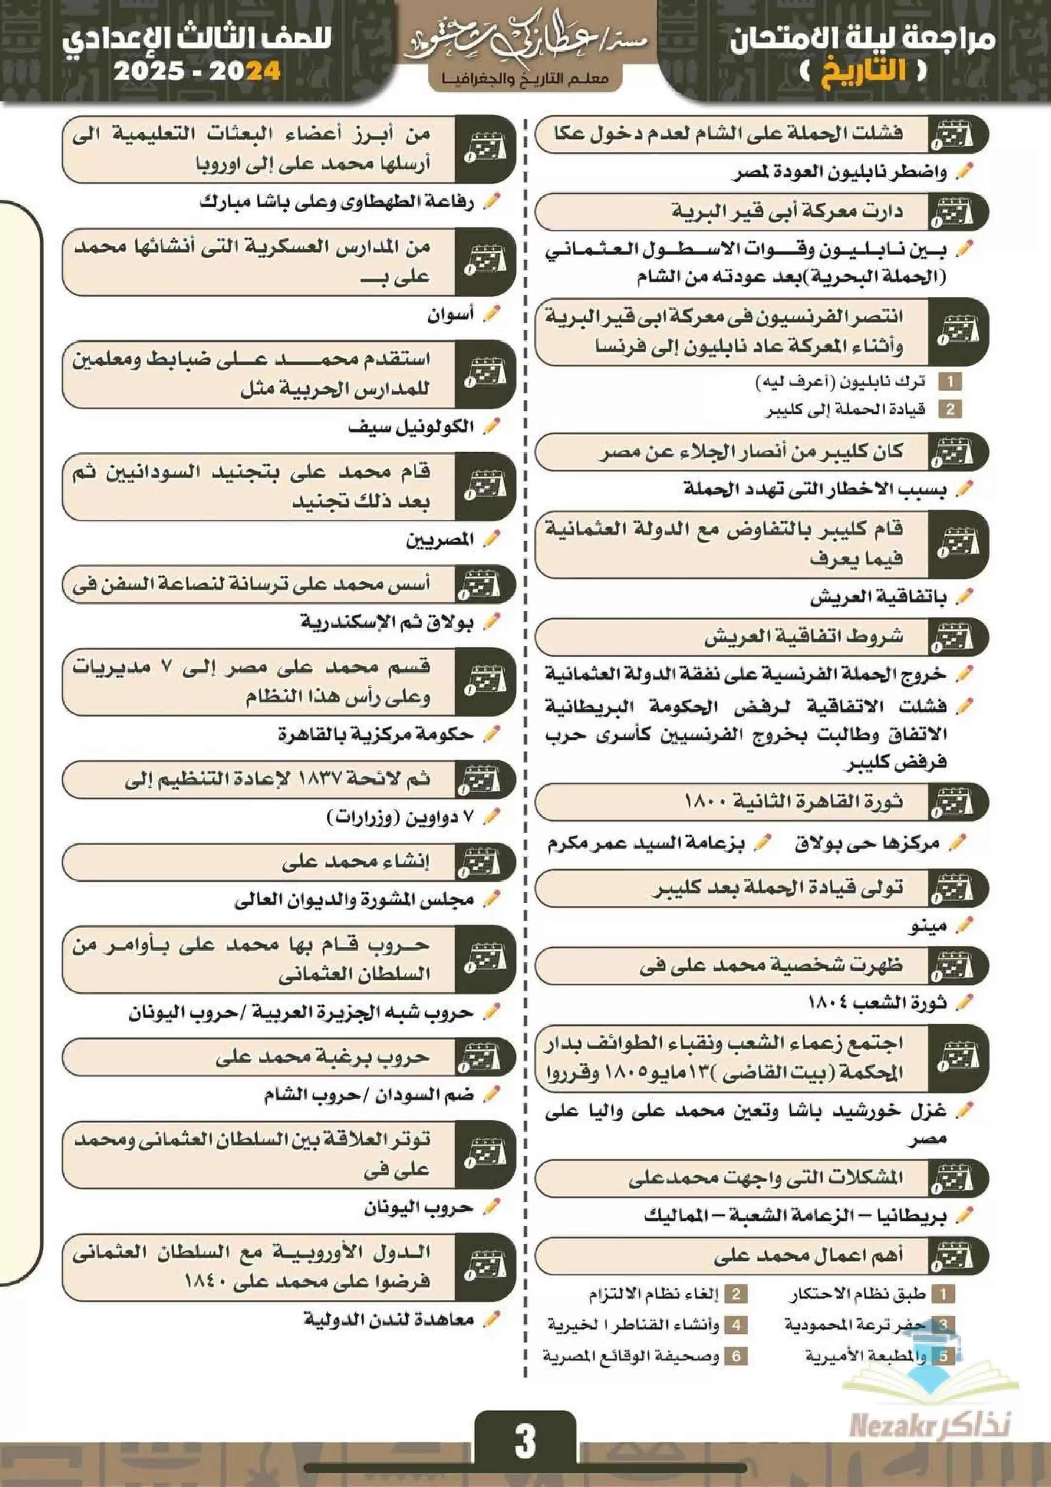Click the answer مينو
pos(928,926)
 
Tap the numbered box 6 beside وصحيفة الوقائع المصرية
pos(736,1356)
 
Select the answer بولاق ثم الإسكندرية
pos(387,622)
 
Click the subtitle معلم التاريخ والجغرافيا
pos(525,79)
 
